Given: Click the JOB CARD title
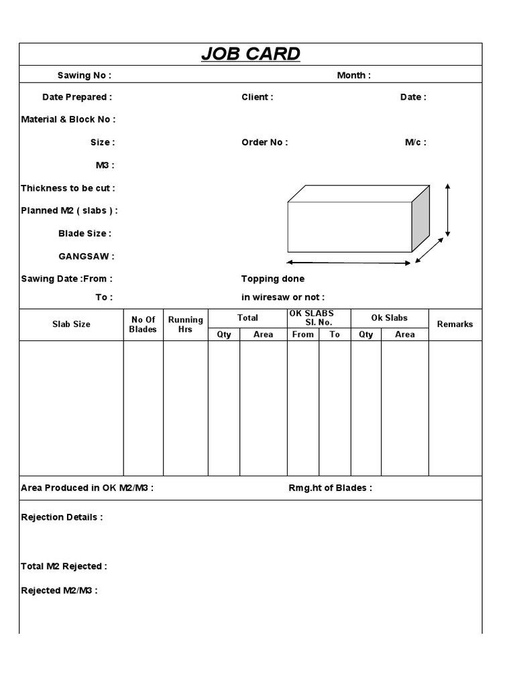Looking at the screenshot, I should click(251, 54).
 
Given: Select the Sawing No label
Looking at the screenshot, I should click(84, 75).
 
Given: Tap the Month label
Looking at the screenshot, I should click(353, 75).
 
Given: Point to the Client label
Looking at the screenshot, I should click(257, 97).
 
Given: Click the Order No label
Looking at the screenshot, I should click(265, 142).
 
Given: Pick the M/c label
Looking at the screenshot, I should click(415, 142).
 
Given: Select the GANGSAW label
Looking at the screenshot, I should click(87, 256).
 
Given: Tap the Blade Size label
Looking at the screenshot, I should click(85, 233).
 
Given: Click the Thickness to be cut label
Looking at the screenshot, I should click(68, 188).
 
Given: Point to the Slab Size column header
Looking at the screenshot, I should click(71, 324).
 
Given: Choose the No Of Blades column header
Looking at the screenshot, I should click(143, 324).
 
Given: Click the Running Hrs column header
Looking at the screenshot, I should click(185, 324).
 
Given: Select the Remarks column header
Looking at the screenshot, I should click(455, 324).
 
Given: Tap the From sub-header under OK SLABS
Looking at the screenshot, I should click(303, 334).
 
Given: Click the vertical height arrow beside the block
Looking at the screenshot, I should click(447, 210).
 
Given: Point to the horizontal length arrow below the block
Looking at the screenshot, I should click(349, 263).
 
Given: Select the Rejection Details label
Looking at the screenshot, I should click(62, 517).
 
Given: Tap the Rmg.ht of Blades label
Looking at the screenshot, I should click(330, 488).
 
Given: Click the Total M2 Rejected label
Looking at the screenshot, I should click(64, 566).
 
